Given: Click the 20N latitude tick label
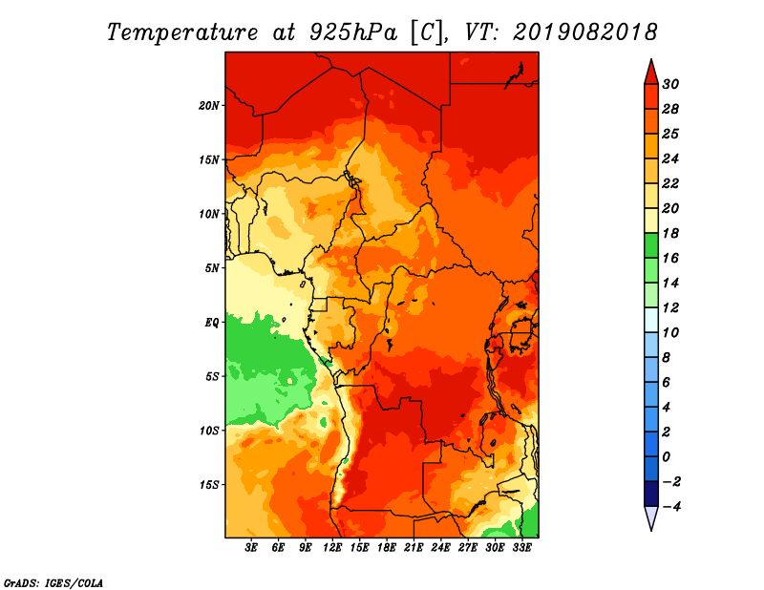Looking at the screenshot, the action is pos(208,105).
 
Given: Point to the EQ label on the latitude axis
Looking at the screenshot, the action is pos(211,323).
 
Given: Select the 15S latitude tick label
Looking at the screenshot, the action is pos(208,485).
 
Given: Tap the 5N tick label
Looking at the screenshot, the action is pos(211,268).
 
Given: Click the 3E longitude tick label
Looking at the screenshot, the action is pos(251,547).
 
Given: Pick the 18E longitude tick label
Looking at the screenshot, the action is pos(387,547).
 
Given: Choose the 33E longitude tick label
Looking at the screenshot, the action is pos(521,547).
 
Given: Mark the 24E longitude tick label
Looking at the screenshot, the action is pos(440,547).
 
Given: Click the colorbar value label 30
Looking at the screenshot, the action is pos(670,84).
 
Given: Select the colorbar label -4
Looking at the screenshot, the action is pos(671,507).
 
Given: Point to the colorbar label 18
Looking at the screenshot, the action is pos(670,233).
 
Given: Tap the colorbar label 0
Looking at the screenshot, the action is pos(667,457).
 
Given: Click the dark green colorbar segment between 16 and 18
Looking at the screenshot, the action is pos(651,245).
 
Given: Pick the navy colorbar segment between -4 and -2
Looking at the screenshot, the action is pos(651,494).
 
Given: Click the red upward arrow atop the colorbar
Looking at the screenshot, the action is pos(651,72).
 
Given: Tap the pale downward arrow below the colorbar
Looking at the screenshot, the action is pos(651,517).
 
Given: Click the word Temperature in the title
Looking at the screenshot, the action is pos(182,32).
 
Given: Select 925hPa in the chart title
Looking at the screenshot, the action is pos(353,32).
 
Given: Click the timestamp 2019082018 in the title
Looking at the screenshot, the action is pos(584,32).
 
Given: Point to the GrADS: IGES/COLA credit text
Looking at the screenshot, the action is pos(53,583).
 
